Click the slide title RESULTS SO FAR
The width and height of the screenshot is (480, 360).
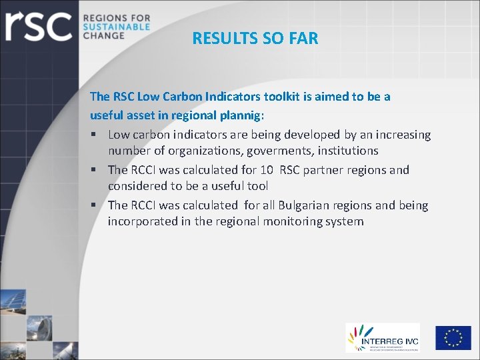coord(255,39)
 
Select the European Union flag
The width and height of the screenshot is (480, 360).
coord(453,337)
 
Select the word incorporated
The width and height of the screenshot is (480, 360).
coord(143,221)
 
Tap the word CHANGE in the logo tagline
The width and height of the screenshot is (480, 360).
coord(103,35)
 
